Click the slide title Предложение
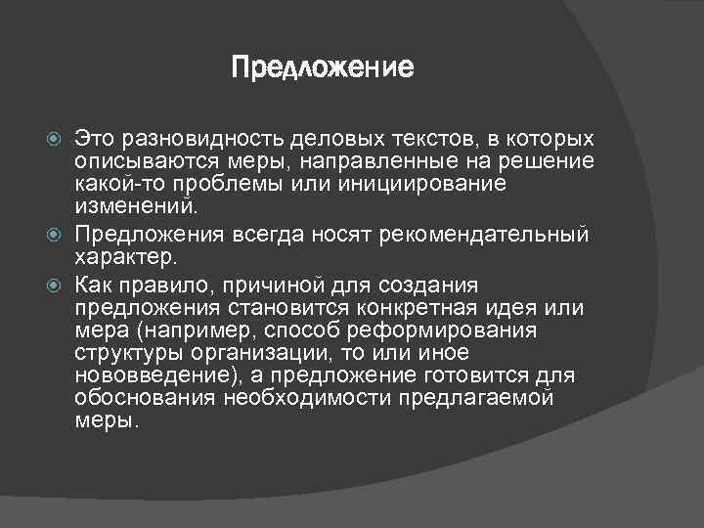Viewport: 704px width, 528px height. point(323,68)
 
